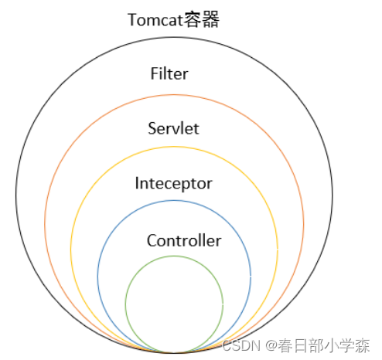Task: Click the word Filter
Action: coord(169,73)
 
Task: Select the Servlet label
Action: coord(173,128)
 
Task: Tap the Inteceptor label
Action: coord(173,184)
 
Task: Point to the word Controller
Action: coord(184,240)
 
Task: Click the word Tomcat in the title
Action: coord(155,20)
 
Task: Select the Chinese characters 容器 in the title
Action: coord(201,19)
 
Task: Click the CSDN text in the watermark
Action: coord(241,345)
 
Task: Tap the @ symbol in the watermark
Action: coord(271,345)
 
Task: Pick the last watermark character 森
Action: coord(362,345)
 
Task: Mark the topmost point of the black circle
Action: coord(174,37)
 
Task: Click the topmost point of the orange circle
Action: coord(174,95)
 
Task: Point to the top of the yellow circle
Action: coord(174,147)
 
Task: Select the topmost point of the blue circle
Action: coord(174,201)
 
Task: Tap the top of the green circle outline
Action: coord(174,256)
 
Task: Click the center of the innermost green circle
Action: coord(174,304)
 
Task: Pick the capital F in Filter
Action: coord(155,73)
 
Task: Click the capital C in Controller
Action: coord(152,240)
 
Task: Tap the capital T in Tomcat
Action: coord(133,20)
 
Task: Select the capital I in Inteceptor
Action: coord(137,183)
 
